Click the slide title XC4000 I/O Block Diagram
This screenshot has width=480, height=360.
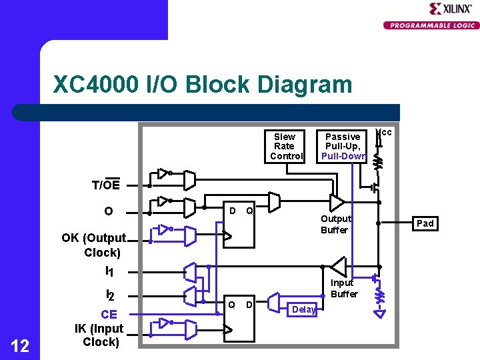point(202,85)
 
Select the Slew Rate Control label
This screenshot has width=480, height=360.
point(284,146)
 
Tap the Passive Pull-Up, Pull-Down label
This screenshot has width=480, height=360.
point(343,146)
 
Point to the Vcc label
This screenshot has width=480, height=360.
point(385,133)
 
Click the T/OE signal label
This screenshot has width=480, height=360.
point(106,185)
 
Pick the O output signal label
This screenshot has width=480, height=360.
point(108,211)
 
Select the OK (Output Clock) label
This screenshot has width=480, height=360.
point(94,245)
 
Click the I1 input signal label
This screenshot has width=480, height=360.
point(109,271)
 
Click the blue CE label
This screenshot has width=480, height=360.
point(109,315)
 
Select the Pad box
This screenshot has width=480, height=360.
point(425,223)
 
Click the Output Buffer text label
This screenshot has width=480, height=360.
point(335,224)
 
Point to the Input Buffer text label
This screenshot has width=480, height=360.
point(344,288)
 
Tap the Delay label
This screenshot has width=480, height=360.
point(303,309)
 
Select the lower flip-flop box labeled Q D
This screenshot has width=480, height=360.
point(239,317)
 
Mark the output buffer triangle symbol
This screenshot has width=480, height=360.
point(337,201)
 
